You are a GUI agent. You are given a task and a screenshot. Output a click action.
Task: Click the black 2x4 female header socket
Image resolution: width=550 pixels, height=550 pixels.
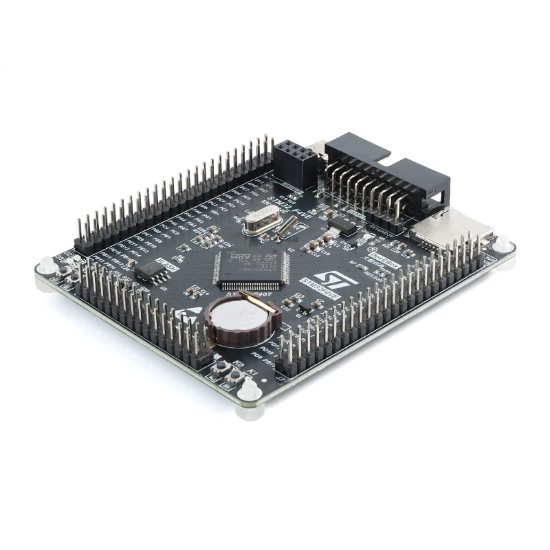coord(296,163)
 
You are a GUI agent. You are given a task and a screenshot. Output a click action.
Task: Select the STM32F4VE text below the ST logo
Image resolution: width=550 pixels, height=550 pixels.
coord(322,289)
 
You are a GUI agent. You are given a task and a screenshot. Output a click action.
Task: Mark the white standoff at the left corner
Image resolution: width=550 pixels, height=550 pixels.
coord(46,264)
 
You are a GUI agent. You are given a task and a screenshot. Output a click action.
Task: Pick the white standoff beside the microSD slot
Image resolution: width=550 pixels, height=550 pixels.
coord(503,244)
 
